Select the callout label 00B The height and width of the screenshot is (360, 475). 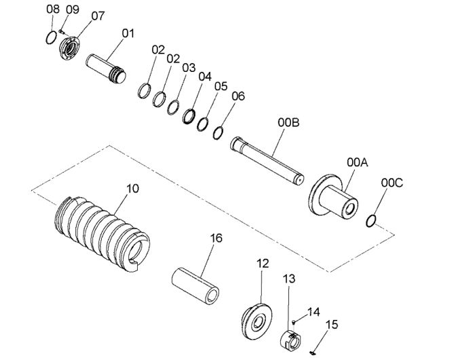tap(288, 123)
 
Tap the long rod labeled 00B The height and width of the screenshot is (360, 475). tap(267, 160)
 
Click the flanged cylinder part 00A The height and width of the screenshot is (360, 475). tap(333, 196)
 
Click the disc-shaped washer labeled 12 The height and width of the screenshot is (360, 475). tap(257, 321)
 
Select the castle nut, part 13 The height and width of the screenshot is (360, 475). tap(291, 341)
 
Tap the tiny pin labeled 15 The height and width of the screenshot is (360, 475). tap(313, 353)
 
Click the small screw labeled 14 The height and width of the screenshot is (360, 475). tap(294, 322)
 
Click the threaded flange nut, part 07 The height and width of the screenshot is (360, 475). tap(70, 48)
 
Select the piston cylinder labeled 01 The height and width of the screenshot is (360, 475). tap(106, 68)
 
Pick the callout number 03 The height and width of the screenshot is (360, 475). tap(189, 68)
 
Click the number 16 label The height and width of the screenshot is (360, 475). tap(216, 238)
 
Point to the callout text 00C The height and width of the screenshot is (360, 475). tap(392, 183)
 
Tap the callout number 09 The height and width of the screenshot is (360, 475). tap(73, 9)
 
